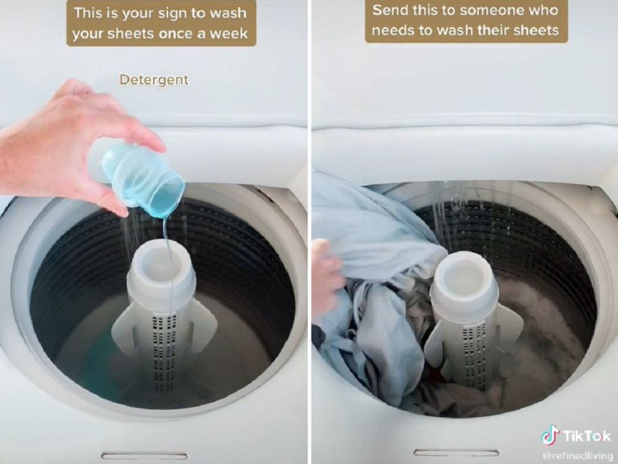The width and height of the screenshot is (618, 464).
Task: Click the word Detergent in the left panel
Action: pyautogui.click(x=154, y=80)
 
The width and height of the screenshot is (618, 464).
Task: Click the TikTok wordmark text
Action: pyautogui.click(x=587, y=436)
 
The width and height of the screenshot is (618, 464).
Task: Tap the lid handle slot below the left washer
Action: pyautogui.click(x=145, y=456)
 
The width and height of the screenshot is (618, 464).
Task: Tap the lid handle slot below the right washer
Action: pyautogui.click(x=456, y=452)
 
